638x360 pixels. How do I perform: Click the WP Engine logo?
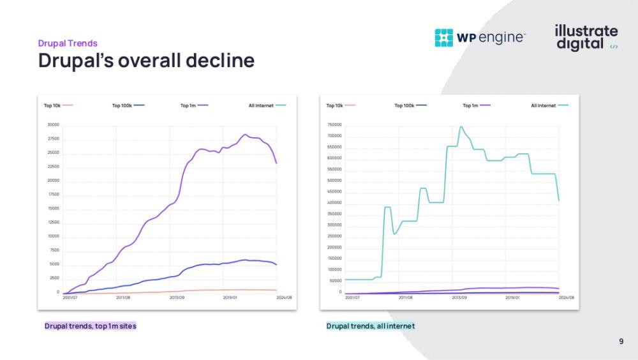[480, 38]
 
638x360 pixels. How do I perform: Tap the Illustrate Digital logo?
[586, 38]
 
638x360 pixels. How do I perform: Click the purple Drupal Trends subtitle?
[68, 43]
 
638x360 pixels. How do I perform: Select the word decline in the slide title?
[220, 61]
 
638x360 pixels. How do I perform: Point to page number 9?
[621, 341]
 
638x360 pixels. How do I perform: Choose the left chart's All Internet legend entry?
[267, 105]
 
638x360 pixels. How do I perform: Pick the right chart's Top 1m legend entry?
[477, 105]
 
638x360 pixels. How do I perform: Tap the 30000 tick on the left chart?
[53, 125]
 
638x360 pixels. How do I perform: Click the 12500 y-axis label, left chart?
[53, 223]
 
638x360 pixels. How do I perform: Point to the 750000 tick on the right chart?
[334, 125]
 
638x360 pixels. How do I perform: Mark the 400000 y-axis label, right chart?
[334, 203]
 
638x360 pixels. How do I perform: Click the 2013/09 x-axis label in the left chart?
[177, 297]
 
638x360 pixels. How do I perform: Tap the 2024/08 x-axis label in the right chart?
[567, 297]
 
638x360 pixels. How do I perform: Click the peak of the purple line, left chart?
[245, 135]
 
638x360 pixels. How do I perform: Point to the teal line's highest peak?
[461, 126]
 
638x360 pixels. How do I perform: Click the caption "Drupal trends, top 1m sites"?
[90, 326]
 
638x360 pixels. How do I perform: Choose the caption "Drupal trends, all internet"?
[370, 326]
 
